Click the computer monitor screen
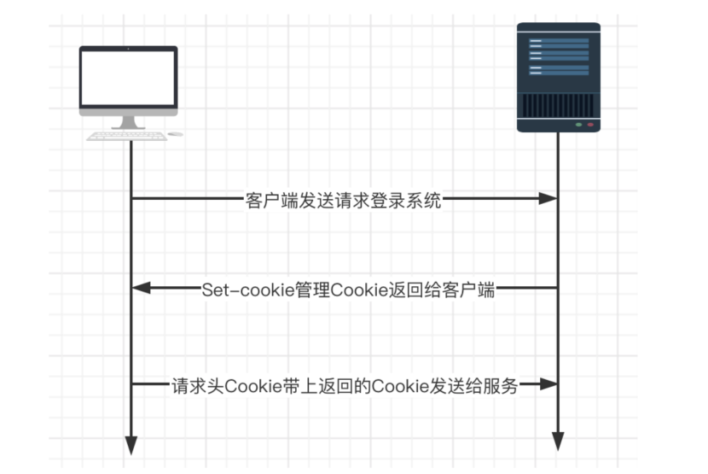point(128,78)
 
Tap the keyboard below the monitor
point(126,136)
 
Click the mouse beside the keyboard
point(175,134)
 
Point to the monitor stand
point(128,123)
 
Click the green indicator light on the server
point(578,125)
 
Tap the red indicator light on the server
point(590,125)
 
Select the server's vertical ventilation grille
point(559,105)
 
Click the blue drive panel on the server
point(559,56)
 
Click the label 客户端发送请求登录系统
point(343,201)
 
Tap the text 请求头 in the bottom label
point(198,386)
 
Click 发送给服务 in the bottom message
point(473,386)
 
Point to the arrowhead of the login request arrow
point(548,198)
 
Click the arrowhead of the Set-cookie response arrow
point(142,288)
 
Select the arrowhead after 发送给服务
point(549,384)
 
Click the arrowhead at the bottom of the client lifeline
point(131,446)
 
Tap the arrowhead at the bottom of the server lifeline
point(558,442)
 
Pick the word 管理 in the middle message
point(312,290)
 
